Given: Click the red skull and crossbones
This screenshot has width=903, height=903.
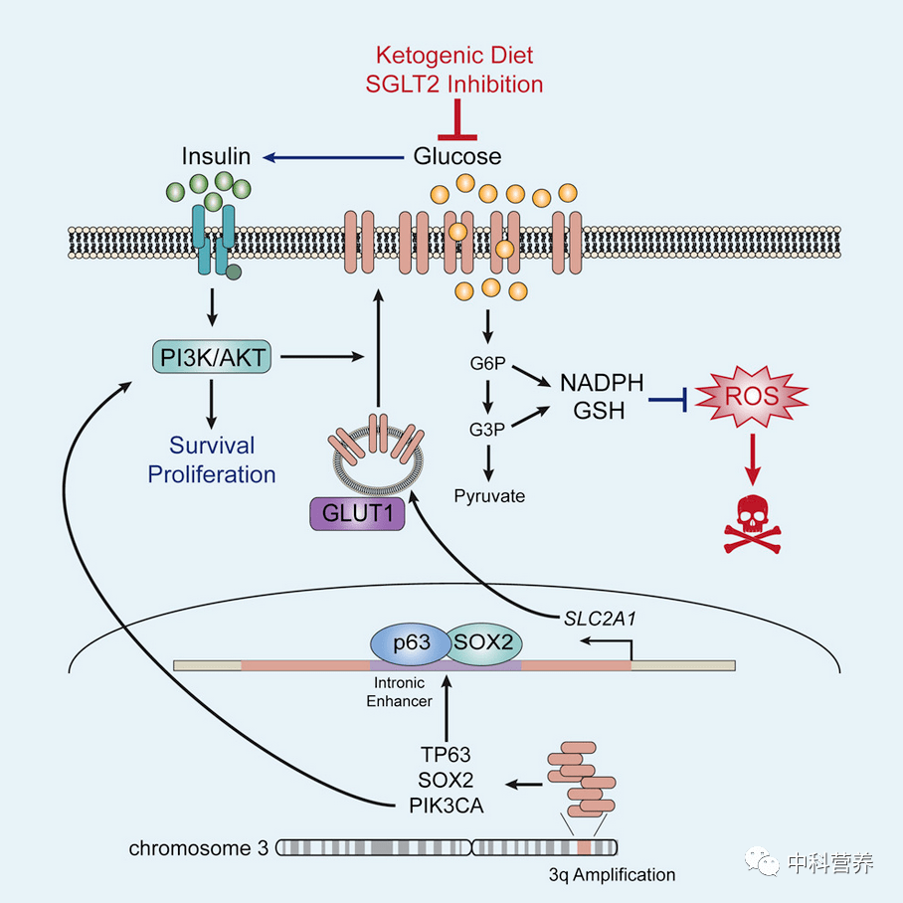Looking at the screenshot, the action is [752, 524].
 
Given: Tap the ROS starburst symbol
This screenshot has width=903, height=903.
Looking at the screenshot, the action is [752, 396].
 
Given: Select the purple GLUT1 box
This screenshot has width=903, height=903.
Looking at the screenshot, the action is [357, 513].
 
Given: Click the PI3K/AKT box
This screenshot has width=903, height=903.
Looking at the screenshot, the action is [212, 357].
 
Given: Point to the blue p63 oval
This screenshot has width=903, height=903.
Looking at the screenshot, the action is [411, 642].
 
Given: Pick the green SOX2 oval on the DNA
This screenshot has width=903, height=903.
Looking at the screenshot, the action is [483, 642].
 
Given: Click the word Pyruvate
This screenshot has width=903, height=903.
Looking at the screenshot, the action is [489, 496].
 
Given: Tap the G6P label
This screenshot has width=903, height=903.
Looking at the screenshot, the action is [487, 363].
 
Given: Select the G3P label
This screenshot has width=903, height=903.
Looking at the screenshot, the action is [487, 429].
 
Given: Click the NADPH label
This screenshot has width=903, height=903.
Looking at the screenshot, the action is [602, 383].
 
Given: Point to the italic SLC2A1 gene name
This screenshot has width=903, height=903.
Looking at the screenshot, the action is [600, 619].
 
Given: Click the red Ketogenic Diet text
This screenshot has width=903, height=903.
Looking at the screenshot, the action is [454, 56].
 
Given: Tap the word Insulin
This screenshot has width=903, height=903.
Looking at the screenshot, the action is [216, 156].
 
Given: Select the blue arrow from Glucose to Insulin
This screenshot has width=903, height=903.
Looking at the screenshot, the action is [333, 157].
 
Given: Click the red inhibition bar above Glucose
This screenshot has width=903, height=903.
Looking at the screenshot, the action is [457, 119].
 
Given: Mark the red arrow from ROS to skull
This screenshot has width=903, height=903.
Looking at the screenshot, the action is [752, 459].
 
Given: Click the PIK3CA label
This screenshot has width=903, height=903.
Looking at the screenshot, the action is [447, 806].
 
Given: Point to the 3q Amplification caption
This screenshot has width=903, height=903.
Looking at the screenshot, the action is [613, 875].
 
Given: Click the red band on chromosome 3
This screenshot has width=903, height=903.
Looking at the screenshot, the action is [585, 847].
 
